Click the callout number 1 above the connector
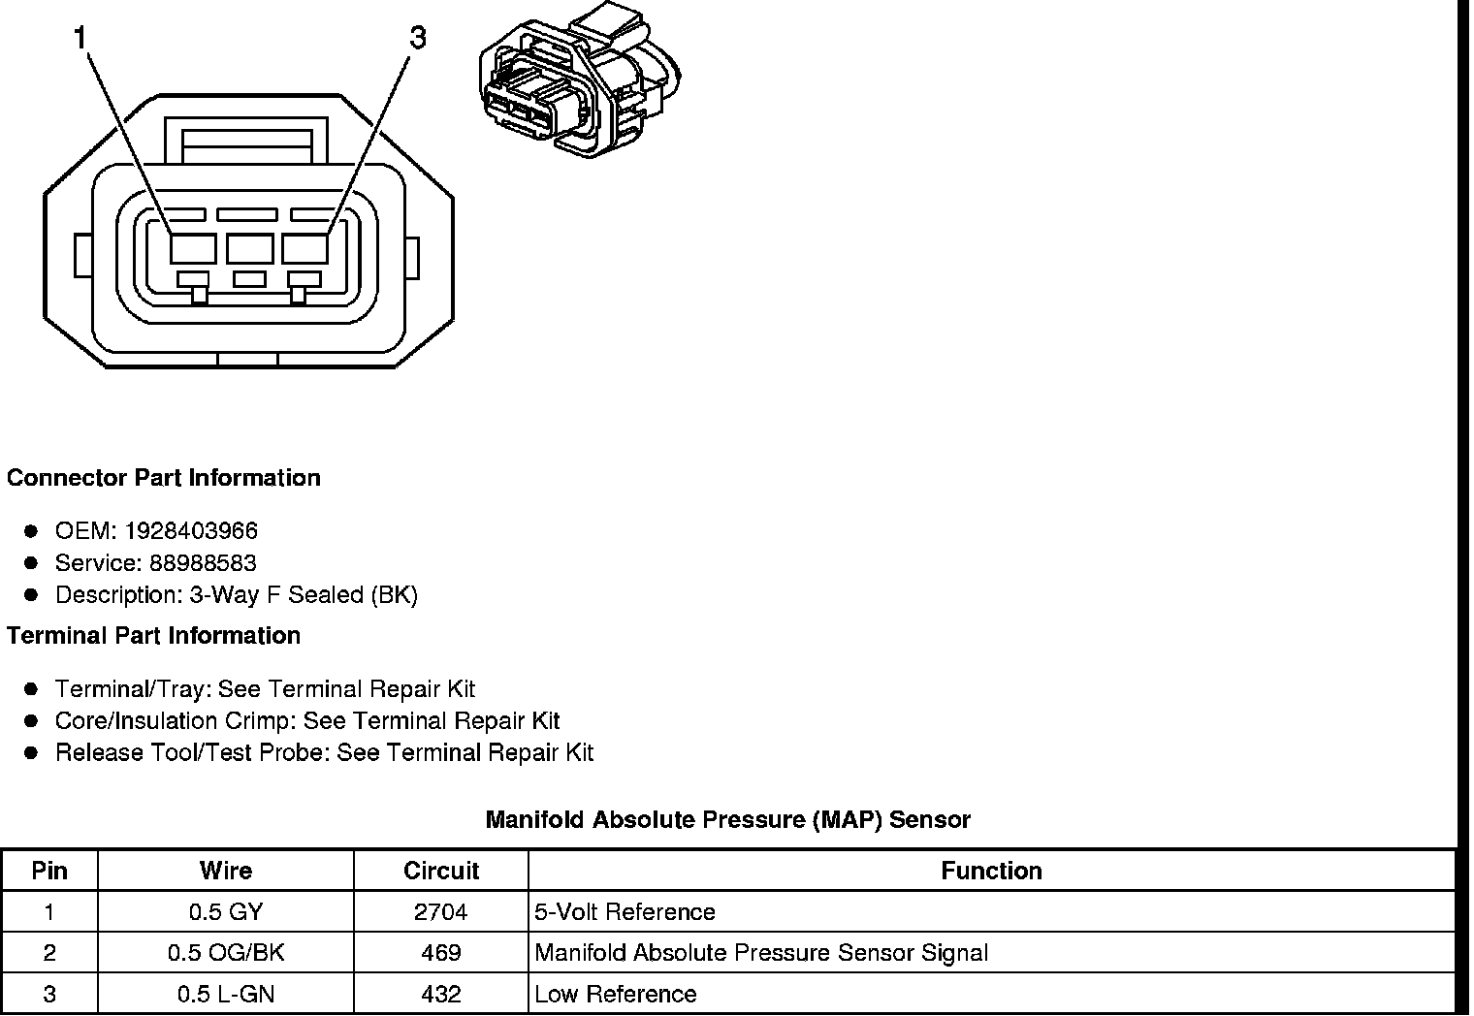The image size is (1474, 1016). tap(80, 38)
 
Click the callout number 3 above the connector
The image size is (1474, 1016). tap(417, 38)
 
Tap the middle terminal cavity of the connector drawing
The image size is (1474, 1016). tap(250, 248)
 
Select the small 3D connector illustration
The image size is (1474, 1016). tap(579, 85)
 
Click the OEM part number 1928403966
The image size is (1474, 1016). tap(191, 531)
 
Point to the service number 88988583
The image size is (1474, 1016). tap(203, 563)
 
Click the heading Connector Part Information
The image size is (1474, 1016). tap(164, 478)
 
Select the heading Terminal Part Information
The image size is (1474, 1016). tap(153, 636)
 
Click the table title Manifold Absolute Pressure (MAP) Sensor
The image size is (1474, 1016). tap(727, 820)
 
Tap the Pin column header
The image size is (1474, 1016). tap(49, 871)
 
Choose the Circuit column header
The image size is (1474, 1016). tap(441, 871)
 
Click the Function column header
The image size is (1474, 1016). tap(991, 871)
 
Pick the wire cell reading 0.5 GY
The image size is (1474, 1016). tap(226, 912)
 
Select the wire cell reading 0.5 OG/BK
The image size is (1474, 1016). tap(226, 953)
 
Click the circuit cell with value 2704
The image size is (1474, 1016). tap(441, 912)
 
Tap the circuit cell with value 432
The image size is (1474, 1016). tap(441, 995)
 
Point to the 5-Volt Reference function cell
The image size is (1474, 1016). tap(625, 912)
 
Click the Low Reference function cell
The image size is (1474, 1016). tap(615, 995)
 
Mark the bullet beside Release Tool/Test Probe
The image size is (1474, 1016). tap(32, 753)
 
